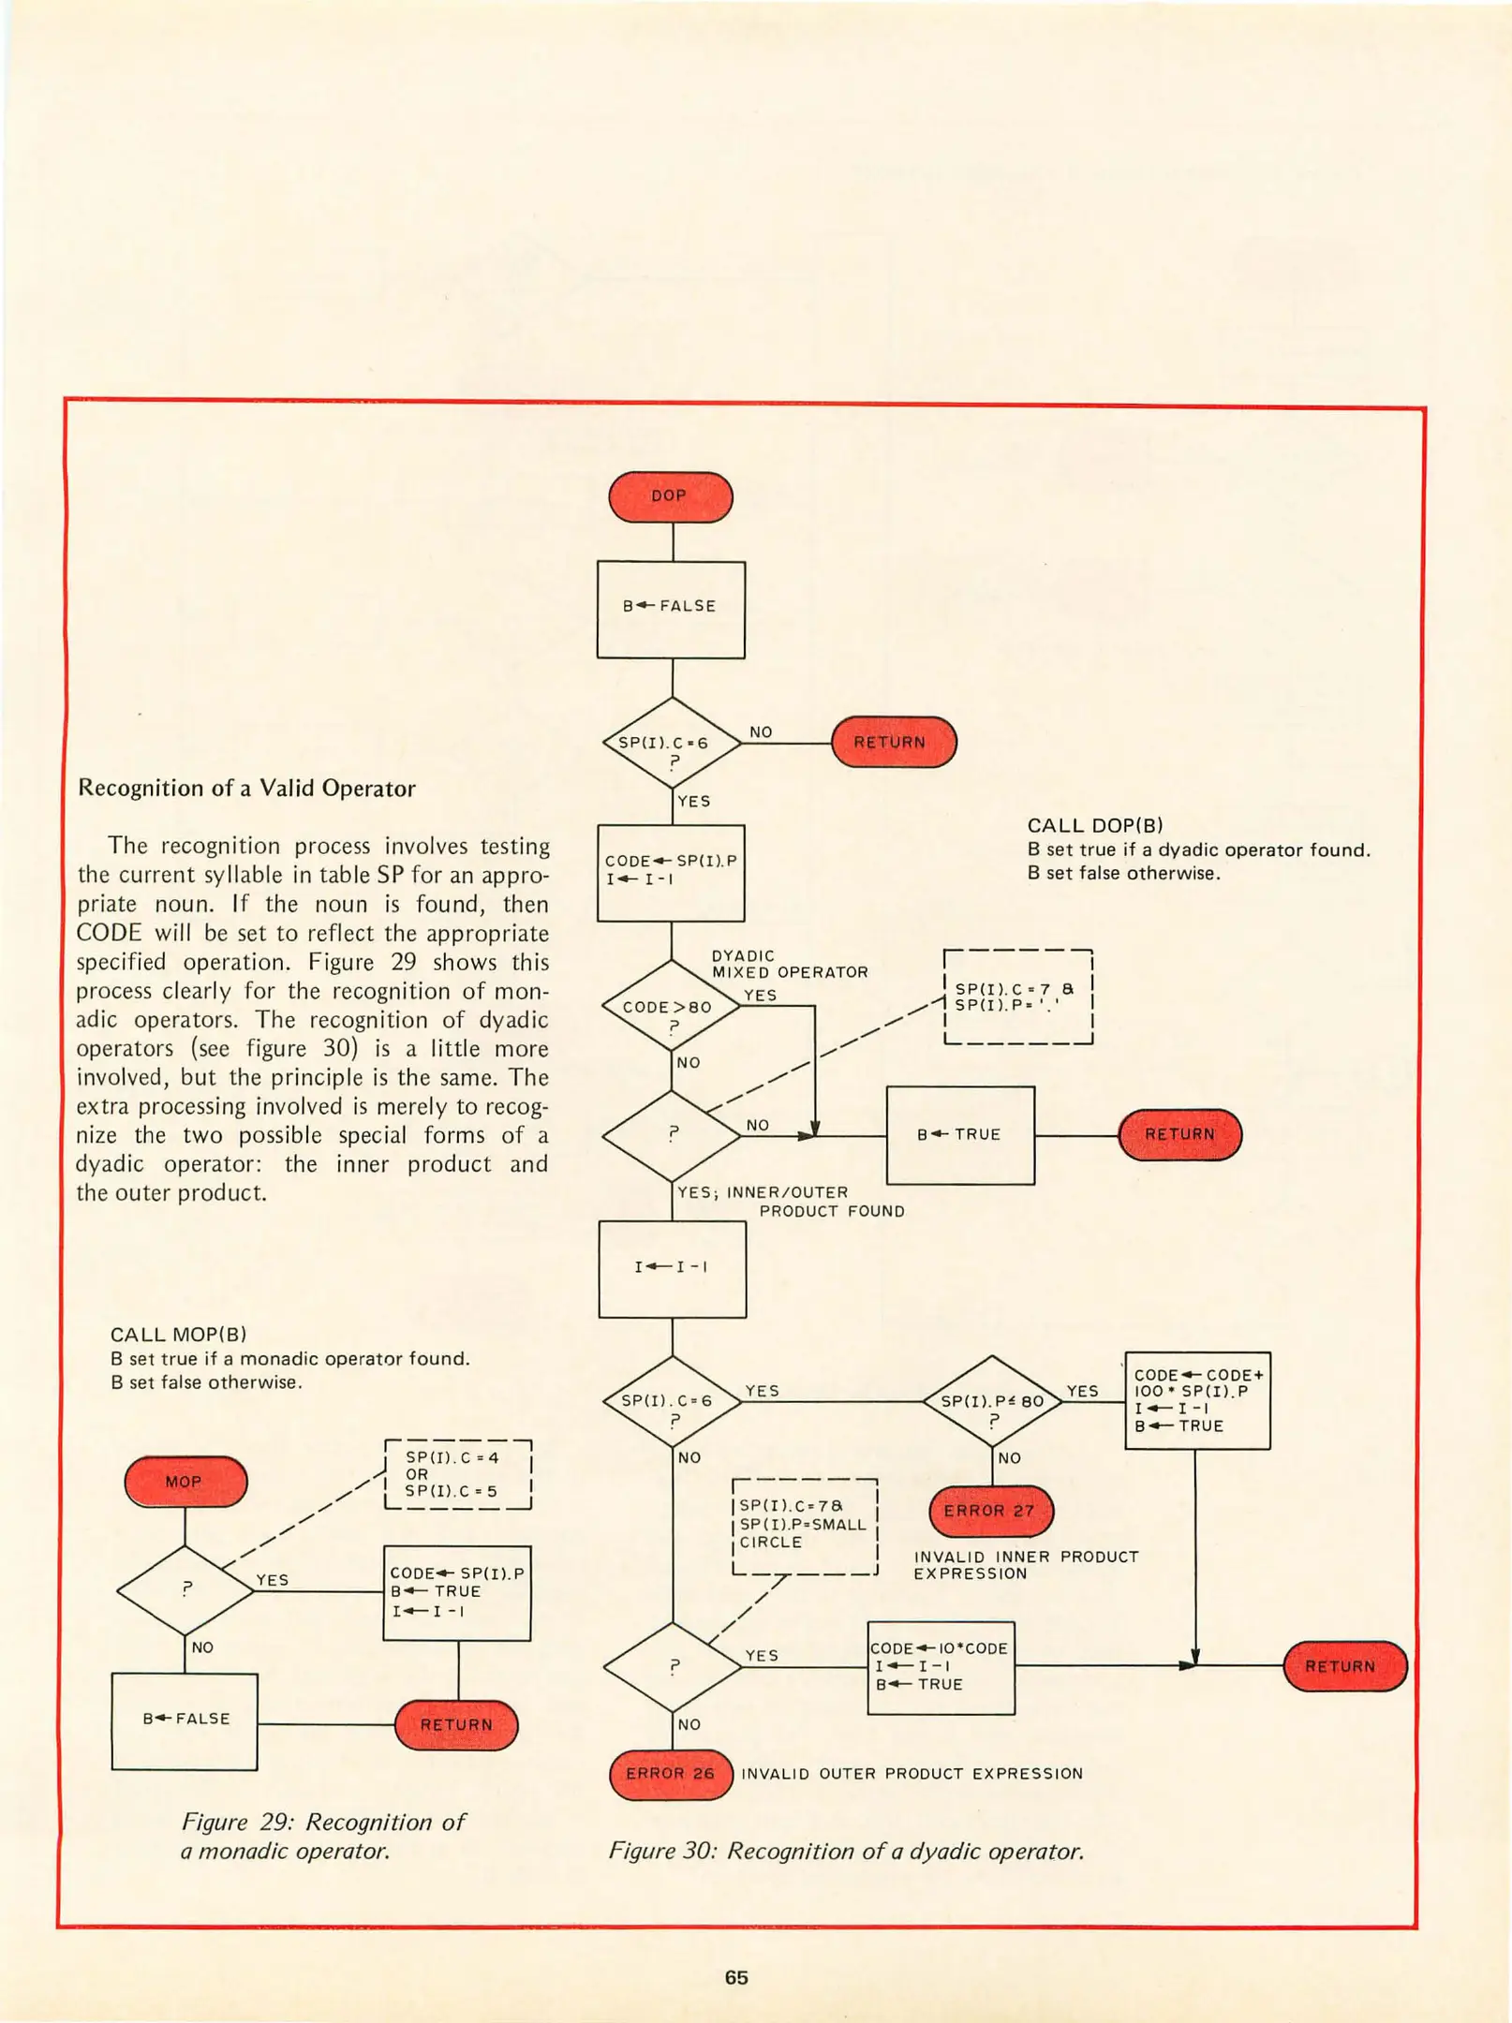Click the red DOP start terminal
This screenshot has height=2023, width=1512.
point(670,496)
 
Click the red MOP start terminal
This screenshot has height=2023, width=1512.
point(185,1482)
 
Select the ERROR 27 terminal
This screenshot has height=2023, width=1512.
point(990,1511)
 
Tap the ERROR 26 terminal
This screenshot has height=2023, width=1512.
point(670,1774)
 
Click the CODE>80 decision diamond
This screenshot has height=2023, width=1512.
point(672,1007)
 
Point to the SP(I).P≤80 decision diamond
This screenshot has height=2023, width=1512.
point(992,1401)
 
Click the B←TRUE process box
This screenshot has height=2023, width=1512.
point(960,1134)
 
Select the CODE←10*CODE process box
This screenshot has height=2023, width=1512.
point(941,1666)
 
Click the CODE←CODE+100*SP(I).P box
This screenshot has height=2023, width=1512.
point(1197,1400)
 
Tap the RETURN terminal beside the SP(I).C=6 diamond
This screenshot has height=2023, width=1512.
point(893,743)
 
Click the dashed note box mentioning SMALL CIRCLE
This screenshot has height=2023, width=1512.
point(804,1527)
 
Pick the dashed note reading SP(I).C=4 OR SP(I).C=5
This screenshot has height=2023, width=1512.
point(458,1474)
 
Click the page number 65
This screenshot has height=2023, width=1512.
point(736,1977)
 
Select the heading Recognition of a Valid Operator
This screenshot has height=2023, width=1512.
point(246,788)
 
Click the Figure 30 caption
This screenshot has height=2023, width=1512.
point(846,1852)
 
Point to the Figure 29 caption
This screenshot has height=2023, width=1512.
point(322,1836)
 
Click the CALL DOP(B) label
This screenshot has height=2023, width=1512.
point(1095,825)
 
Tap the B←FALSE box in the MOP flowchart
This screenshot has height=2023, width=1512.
point(185,1719)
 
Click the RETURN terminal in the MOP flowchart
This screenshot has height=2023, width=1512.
point(456,1724)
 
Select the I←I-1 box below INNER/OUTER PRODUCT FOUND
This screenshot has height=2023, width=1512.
point(672,1268)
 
